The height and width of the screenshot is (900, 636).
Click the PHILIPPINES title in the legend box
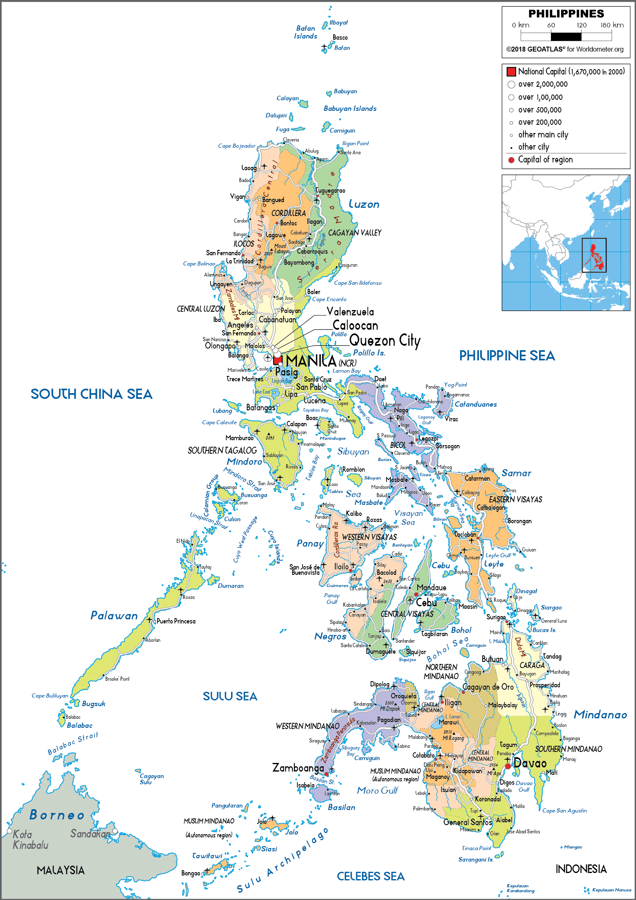(x=566, y=14)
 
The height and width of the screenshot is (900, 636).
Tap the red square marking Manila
(x=278, y=360)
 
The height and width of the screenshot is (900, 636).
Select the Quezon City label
(x=384, y=340)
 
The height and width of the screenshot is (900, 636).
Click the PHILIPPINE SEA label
(x=507, y=355)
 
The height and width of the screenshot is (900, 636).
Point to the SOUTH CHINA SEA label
(x=92, y=394)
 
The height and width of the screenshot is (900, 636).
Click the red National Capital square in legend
(x=511, y=72)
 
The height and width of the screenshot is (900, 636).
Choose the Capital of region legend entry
(x=545, y=160)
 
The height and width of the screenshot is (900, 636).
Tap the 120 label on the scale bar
(x=581, y=25)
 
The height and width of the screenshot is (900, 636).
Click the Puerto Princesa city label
(x=176, y=621)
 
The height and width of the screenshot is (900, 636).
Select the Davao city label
(x=530, y=763)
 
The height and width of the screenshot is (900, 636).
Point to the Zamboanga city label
(x=298, y=768)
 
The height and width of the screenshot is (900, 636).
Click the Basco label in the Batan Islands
(x=340, y=37)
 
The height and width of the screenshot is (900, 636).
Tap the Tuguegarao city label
(x=330, y=190)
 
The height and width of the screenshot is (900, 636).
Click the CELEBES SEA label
(x=371, y=876)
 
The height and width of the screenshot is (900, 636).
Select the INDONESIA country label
(x=581, y=869)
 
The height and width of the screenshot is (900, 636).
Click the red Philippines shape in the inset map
(x=595, y=255)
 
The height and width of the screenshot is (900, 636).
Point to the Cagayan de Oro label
(x=488, y=687)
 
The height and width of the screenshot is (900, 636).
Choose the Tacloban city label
(x=465, y=534)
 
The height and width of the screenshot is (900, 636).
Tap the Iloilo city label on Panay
(x=342, y=567)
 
